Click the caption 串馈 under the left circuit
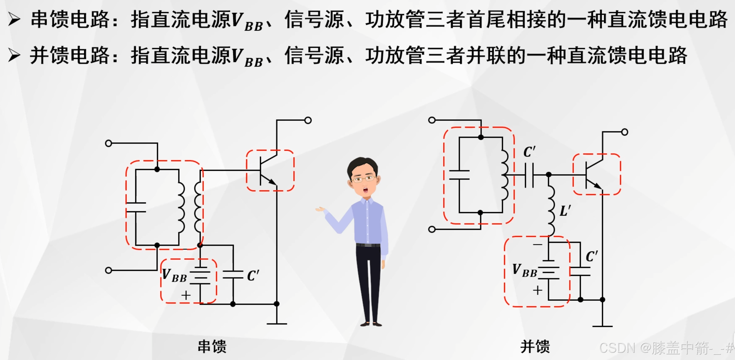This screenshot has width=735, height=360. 212,347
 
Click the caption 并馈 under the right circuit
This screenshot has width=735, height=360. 535,347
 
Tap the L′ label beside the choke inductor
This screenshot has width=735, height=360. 565,211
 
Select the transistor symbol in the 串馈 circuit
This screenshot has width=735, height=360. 268,171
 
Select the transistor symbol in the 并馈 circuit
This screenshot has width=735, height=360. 594,175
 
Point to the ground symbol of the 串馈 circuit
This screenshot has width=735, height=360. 277,323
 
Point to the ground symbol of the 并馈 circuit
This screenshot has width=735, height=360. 602,326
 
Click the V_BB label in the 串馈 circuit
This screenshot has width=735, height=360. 174,276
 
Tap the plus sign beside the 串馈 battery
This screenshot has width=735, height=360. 186,295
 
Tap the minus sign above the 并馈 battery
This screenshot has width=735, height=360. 538,244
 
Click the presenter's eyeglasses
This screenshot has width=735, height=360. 364,179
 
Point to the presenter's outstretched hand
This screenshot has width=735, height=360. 320,209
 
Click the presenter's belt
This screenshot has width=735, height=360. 368,245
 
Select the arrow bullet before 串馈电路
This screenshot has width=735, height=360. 14,19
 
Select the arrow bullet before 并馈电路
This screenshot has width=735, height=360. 14,55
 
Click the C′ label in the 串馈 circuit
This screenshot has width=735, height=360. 253,276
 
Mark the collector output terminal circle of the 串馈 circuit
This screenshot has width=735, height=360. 308,120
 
